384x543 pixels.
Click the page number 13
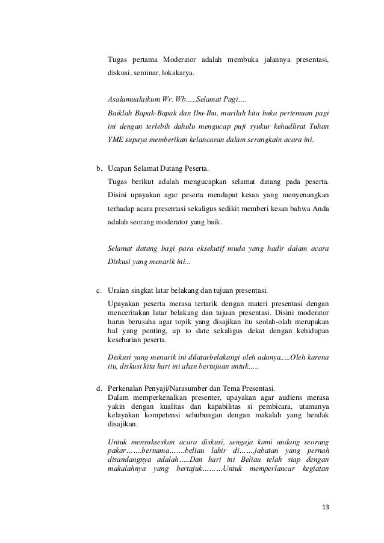(x=326, y=508)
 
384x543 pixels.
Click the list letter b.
(x=100, y=168)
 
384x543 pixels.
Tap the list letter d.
(x=100, y=387)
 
